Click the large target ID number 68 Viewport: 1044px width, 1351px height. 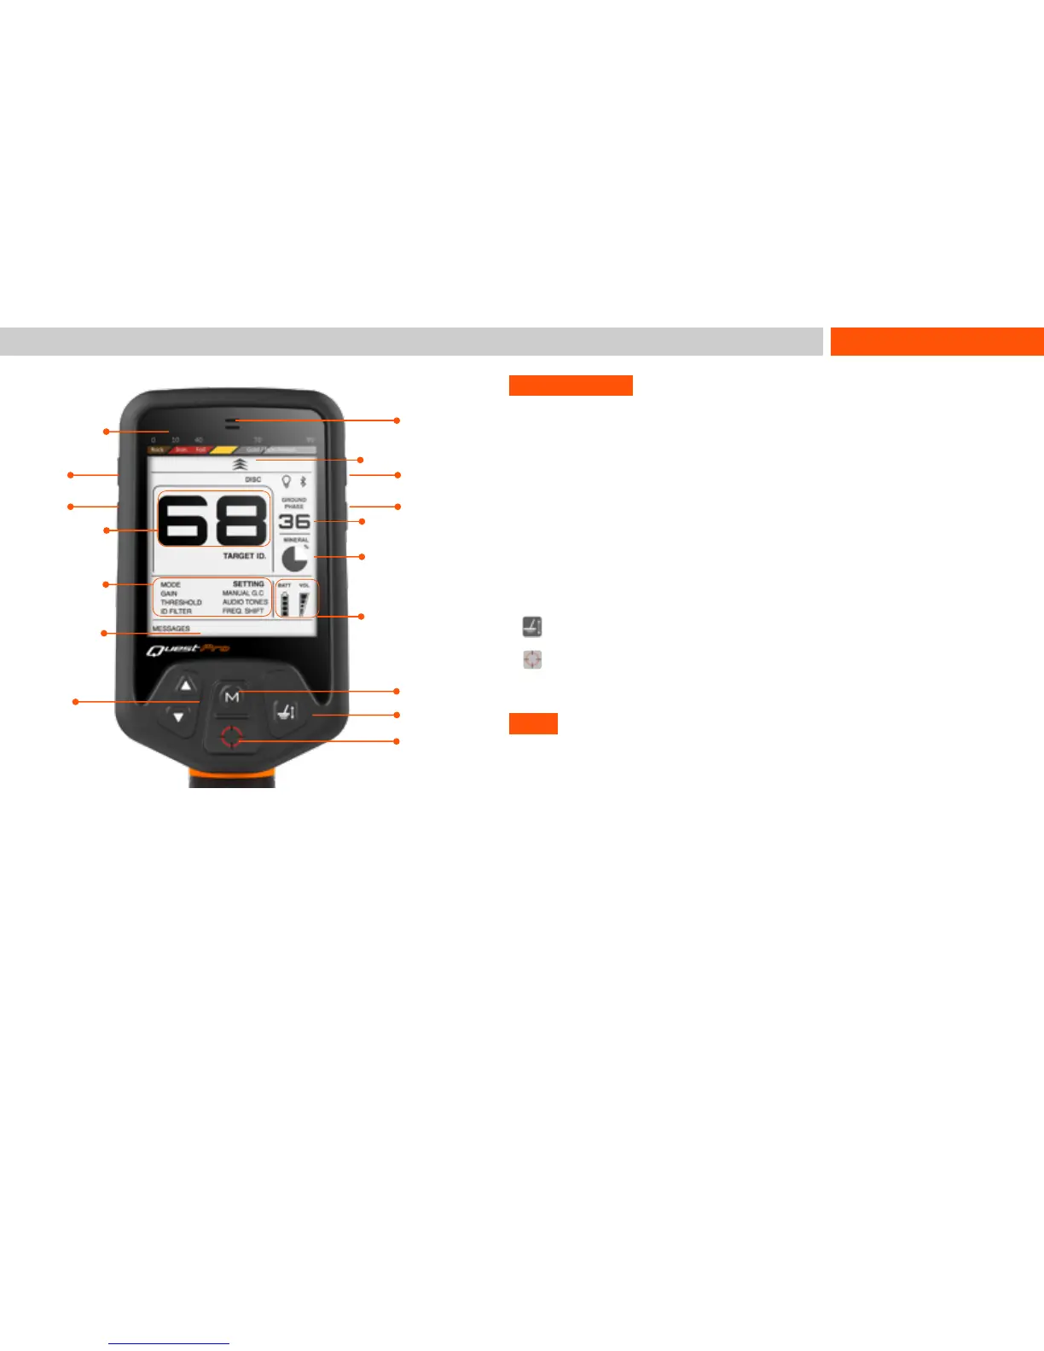pos(213,519)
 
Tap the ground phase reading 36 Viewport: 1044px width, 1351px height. pos(294,521)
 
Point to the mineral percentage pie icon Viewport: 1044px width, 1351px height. pos(295,559)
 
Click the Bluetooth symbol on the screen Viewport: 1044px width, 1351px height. pos(303,482)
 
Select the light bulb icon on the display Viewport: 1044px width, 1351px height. pos(287,482)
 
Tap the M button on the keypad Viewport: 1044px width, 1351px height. pos(231,697)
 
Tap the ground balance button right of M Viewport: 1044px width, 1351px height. pos(285,711)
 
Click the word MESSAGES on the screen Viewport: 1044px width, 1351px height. pos(171,629)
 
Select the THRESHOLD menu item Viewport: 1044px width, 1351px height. pos(181,602)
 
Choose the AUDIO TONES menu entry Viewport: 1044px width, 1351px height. pos(245,602)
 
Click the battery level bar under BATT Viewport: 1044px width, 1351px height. pos(285,604)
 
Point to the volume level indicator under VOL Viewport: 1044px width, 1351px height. pos(304,603)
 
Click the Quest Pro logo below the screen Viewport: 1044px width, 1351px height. pos(188,651)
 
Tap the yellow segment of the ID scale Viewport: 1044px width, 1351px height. pos(224,449)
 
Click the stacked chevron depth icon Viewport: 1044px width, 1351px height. pos(240,465)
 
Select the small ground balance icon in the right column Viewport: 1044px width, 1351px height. pos(532,627)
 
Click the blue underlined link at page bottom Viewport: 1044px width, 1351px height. pos(169,1343)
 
